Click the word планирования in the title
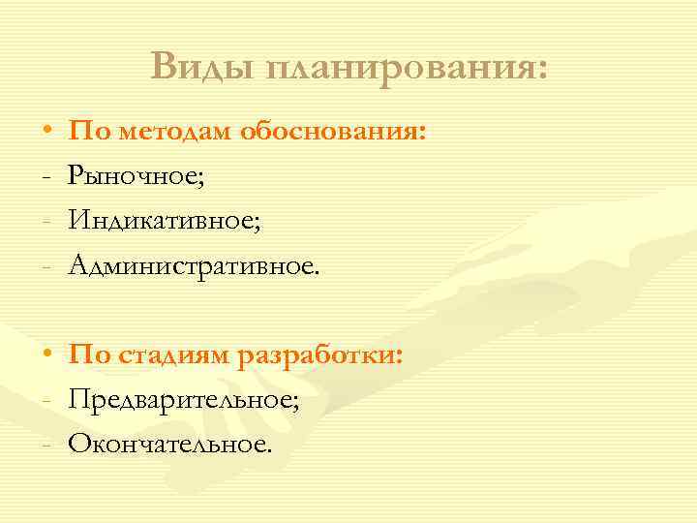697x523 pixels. point(407,68)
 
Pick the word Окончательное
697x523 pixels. point(170,444)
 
